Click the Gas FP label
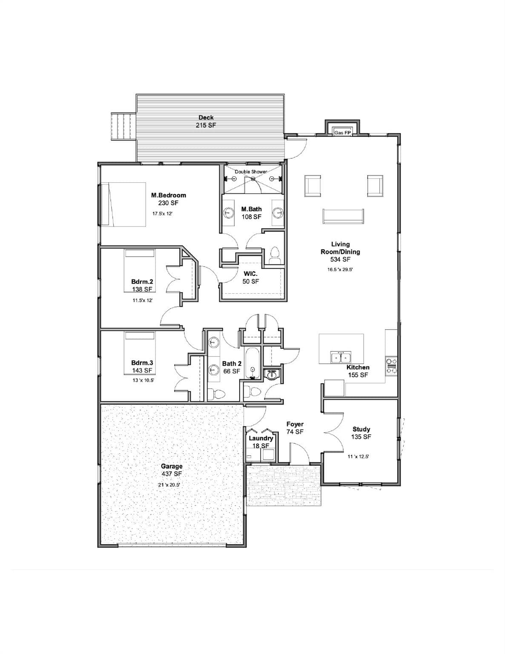point(342,132)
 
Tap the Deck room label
point(206,118)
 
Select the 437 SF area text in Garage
point(172,474)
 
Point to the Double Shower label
point(251,172)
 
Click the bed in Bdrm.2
point(139,270)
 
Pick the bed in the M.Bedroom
point(123,204)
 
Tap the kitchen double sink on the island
point(341,357)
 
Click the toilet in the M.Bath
point(274,255)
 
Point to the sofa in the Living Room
point(343,216)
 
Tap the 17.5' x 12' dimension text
point(163,214)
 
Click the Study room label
point(361,429)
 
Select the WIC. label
point(251,274)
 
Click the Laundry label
point(261,438)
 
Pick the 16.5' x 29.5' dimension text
point(340,270)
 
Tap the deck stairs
point(123,126)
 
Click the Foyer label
point(295,424)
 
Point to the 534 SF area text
point(340,259)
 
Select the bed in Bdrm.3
point(139,353)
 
